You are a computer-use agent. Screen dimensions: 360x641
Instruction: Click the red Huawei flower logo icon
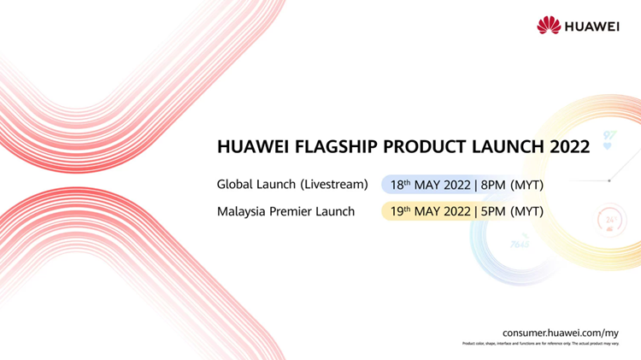click(x=548, y=26)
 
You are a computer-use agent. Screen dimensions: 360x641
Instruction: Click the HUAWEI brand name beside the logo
click(x=591, y=26)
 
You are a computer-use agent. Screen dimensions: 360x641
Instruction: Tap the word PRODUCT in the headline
click(x=416, y=147)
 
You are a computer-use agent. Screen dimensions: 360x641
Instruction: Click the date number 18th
click(x=400, y=185)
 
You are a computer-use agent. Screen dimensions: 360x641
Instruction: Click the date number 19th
click(x=400, y=211)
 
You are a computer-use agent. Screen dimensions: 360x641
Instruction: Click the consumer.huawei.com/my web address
click(x=560, y=331)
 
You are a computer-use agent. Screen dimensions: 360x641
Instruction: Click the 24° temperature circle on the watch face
click(x=610, y=219)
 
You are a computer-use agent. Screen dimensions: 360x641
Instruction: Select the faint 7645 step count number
click(x=519, y=244)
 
